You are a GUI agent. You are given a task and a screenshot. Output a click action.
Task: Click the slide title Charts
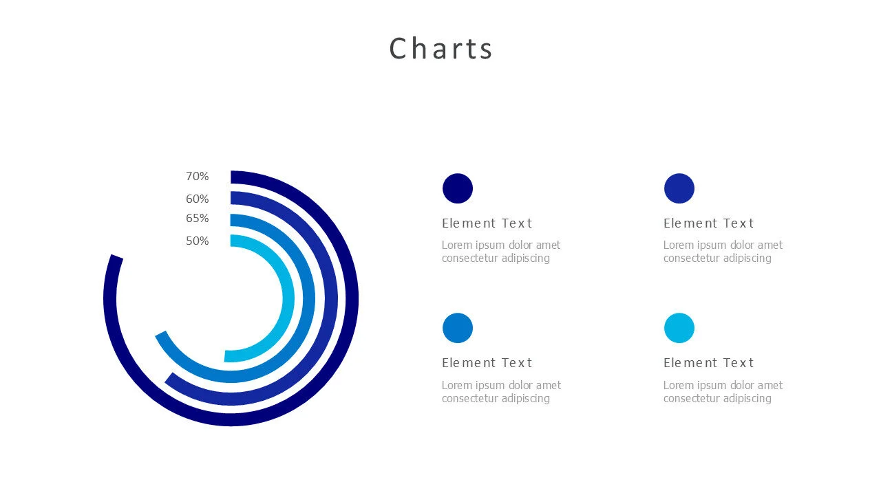tap(440, 49)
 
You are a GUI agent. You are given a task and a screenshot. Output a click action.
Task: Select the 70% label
tap(197, 177)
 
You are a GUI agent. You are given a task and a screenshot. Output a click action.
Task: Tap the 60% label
tap(197, 199)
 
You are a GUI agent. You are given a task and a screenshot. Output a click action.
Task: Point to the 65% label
tap(197, 219)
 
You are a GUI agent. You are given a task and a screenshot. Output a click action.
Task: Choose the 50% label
tap(197, 241)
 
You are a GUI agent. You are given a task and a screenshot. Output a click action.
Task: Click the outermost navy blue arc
tap(352, 298)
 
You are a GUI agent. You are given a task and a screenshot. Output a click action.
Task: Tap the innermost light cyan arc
tap(288, 298)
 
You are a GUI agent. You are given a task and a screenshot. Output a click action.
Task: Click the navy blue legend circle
tap(458, 188)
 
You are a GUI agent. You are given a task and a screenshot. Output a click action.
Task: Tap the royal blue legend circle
tap(679, 188)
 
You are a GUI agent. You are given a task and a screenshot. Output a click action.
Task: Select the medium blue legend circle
tap(458, 328)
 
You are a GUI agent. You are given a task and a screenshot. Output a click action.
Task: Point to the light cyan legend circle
tap(679, 328)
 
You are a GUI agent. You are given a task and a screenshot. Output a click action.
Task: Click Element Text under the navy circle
tap(487, 223)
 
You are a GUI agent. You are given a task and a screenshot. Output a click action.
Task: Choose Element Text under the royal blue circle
tap(708, 223)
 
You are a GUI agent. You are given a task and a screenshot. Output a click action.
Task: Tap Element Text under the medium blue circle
tap(487, 363)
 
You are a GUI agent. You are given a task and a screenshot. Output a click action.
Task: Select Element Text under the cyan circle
tap(708, 363)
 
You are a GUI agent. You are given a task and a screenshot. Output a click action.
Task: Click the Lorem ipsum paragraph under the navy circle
tap(500, 252)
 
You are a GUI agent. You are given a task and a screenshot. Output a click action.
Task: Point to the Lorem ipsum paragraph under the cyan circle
tap(723, 392)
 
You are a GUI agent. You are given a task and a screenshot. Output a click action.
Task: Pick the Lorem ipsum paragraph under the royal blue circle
tap(723, 252)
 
